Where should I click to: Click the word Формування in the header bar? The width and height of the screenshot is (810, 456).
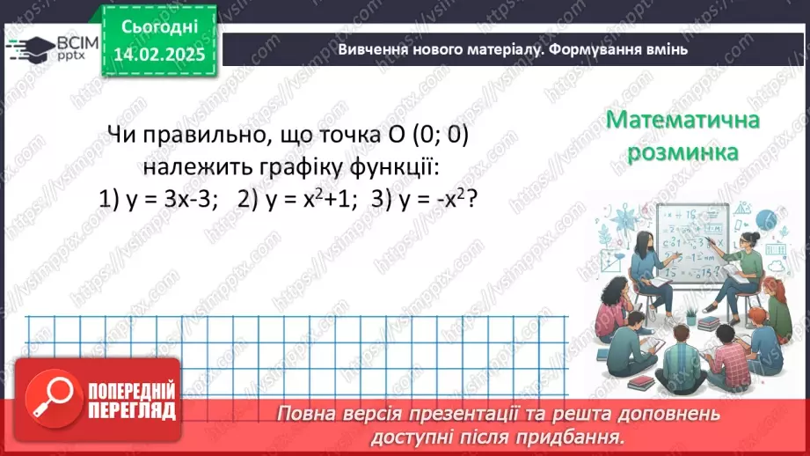tap(593, 49)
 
